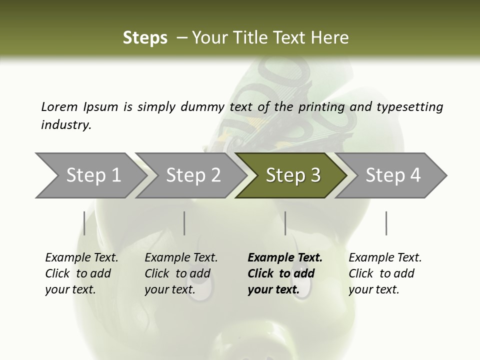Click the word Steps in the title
coord(145,37)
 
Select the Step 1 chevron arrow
coord(90,175)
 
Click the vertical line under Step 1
coord(84,223)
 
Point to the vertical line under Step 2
coord(184,223)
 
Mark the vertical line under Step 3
coord(285,223)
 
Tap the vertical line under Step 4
coord(386,223)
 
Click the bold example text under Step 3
coord(284,273)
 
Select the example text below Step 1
coord(81,273)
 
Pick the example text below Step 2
coord(181,273)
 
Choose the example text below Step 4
coord(385,273)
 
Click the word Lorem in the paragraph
coord(59,106)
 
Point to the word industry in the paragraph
coord(66,124)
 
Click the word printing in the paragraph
coord(321,106)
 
